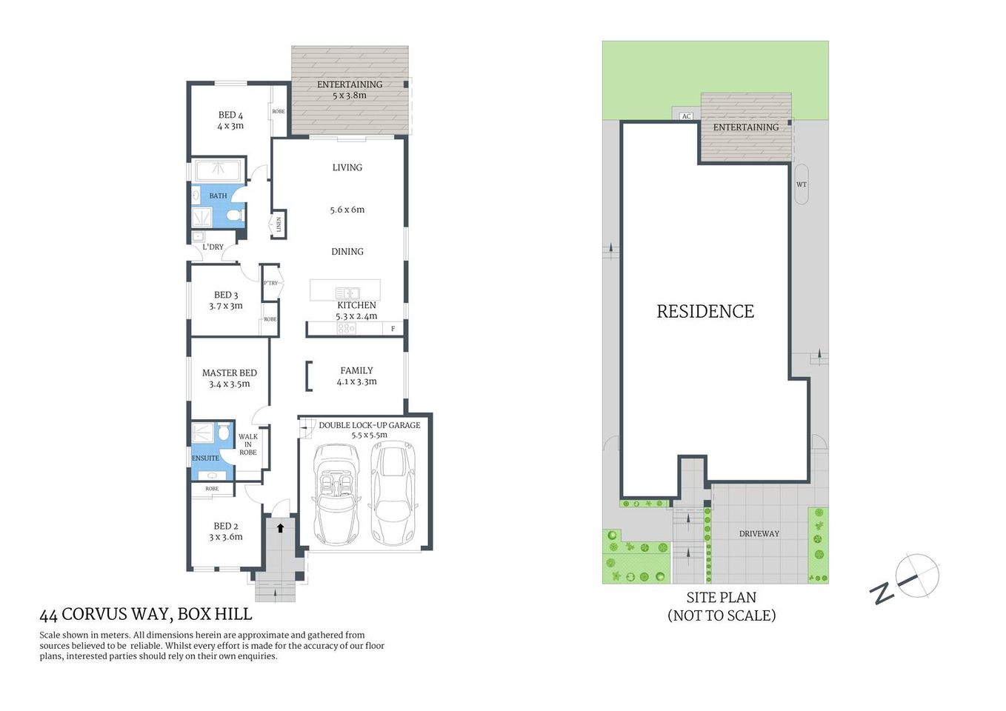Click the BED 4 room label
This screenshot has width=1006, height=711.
tap(230, 116)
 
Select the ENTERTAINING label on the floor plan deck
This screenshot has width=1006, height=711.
tap(350, 84)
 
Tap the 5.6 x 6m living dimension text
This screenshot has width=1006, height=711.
tap(347, 210)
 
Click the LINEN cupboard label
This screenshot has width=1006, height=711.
tap(279, 224)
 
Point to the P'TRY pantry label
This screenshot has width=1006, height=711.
tap(270, 283)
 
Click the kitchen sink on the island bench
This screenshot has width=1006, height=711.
tap(347, 293)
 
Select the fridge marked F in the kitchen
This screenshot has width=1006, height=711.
tap(393, 329)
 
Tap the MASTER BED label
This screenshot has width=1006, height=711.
tap(229, 373)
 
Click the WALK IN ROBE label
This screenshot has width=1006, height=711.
tap(248, 444)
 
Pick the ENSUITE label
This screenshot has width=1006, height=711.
tap(205, 458)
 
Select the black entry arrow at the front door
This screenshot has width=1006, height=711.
tap(280, 528)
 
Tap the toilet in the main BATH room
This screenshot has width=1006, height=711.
tap(235, 216)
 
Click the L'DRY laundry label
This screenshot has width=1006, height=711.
tap(213, 247)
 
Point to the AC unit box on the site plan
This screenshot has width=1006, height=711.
tap(686, 116)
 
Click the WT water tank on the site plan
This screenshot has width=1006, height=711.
tap(801, 184)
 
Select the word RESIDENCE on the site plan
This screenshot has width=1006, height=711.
tap(705, 312)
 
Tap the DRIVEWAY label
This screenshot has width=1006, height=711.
tap(759, 533)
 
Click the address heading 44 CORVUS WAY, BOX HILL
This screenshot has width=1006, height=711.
tap(146, 615)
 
